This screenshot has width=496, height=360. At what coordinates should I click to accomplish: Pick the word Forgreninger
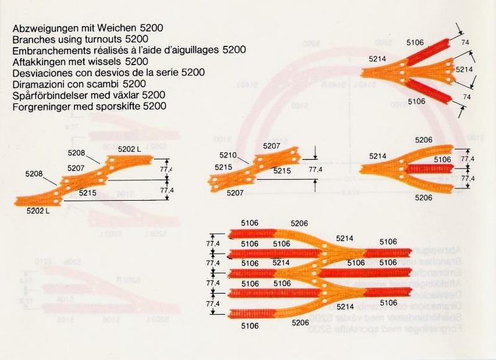click(40, 106)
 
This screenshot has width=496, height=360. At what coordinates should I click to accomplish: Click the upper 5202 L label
click(129, 149)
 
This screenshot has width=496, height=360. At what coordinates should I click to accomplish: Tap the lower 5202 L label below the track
click(38, 211)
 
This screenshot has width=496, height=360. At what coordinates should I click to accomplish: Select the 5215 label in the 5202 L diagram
click(88, 193)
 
